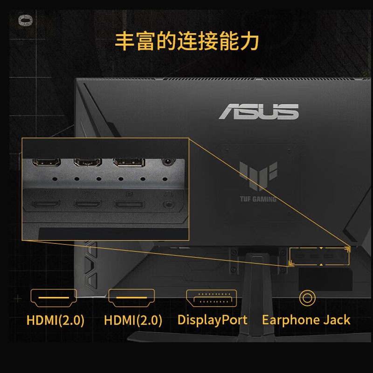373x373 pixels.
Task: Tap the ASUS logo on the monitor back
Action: [259, 112]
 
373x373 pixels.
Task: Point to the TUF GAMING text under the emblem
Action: [258, 199]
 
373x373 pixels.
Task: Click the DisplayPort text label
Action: [212, 320]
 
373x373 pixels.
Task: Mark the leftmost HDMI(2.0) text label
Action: [55, 320]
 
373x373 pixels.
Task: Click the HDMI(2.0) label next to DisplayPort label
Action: [133, 320]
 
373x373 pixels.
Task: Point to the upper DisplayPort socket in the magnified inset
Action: [129, 163]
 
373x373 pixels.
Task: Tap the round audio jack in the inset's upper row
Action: [166, 163]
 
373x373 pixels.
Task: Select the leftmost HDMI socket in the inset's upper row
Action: [46, 163]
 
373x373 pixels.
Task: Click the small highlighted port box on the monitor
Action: [319, 256]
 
